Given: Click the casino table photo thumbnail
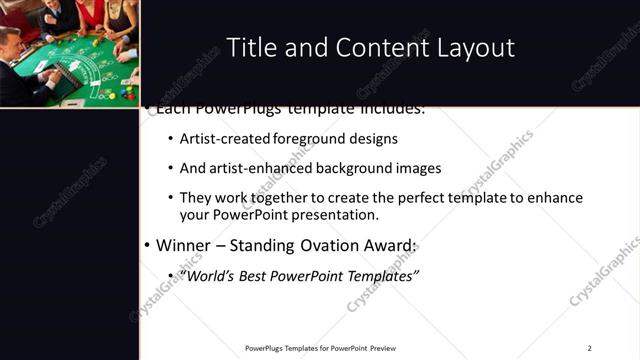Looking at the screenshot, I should pyautogui.click(x=70, y=53).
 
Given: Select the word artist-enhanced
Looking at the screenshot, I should pyautogui.click(x=259, y=168).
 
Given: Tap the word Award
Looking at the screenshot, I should pyautogui.click(x=390, y=245).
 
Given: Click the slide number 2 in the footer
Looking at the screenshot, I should pyautogui.click(x=589, y=348).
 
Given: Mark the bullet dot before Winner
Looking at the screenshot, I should pyautogui.click(x=147, y=245).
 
